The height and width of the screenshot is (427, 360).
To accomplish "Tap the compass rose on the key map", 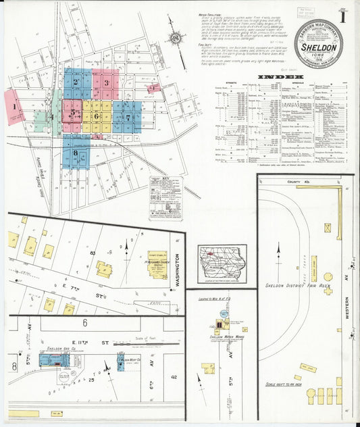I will [176, 39].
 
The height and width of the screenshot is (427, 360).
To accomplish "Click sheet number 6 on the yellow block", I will [97, 115].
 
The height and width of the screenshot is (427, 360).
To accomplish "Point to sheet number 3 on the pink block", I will [106, 83].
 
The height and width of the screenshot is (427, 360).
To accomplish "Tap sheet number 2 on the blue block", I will [76, 84].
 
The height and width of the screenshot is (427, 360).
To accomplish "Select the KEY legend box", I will [166, 197].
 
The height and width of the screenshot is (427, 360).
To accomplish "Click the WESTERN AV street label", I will [346, 318].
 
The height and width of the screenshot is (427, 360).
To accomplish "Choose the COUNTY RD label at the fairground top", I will [297, 182].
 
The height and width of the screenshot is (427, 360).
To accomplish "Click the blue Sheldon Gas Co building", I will [51, 359].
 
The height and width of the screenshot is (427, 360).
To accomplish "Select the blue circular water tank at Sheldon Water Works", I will [219, 324].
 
